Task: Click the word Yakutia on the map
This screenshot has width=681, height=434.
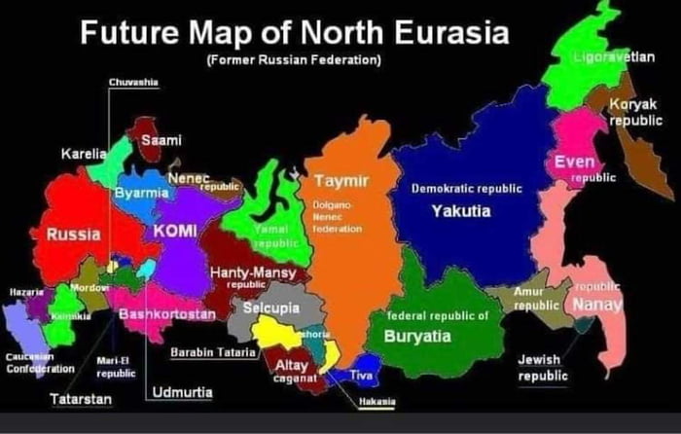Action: click(461, 211)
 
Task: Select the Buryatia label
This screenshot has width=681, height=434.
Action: click(417, 337)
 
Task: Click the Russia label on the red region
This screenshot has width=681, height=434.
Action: click(73, 235)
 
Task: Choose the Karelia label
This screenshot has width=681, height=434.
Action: click(83, 154)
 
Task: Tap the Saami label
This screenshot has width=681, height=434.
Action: click(161, 141)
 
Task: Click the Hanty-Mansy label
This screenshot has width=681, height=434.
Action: click(254, 273)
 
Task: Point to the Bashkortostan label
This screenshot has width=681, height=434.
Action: click(166, 315)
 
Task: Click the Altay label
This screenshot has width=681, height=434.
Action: click(292, 365)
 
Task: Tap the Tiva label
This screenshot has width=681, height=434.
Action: click(361, 375)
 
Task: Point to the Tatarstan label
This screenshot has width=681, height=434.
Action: click(81, 400)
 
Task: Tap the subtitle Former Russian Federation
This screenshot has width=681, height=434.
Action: click(293, 60)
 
